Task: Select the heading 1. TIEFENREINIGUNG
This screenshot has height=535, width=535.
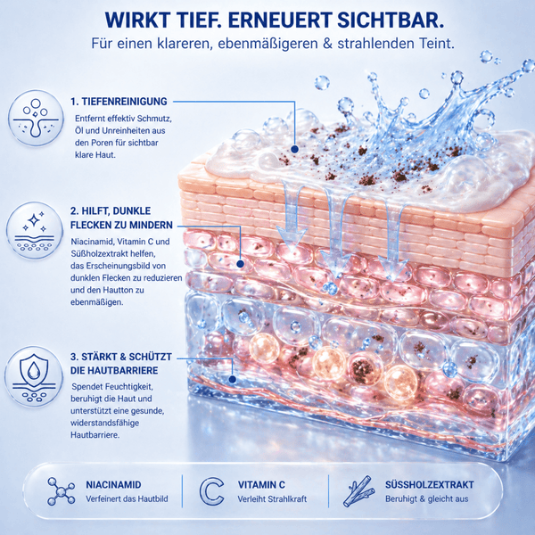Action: pos(119,102)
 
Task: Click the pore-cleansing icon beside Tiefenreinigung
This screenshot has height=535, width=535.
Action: pos(36,118)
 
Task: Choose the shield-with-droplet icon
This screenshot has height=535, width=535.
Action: pos(34,376)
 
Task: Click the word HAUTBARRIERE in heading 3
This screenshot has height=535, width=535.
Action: pos(114,371)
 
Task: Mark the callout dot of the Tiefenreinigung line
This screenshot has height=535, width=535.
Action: pos(295,149)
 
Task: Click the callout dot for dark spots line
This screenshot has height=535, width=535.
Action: pos(240,264)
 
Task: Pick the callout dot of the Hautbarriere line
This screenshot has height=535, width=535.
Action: pos(233,379)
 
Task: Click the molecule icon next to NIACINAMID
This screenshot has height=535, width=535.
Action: pos(61,491)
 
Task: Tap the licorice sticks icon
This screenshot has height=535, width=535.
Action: pos(358,491)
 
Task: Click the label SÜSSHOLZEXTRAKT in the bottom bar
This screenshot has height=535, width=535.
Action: pos(430,484)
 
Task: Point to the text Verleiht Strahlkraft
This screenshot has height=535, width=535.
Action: pos(272,498)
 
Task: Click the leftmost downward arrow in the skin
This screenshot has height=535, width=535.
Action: pos(292,214)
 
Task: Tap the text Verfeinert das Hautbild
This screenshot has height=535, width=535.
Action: pos(127,498)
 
